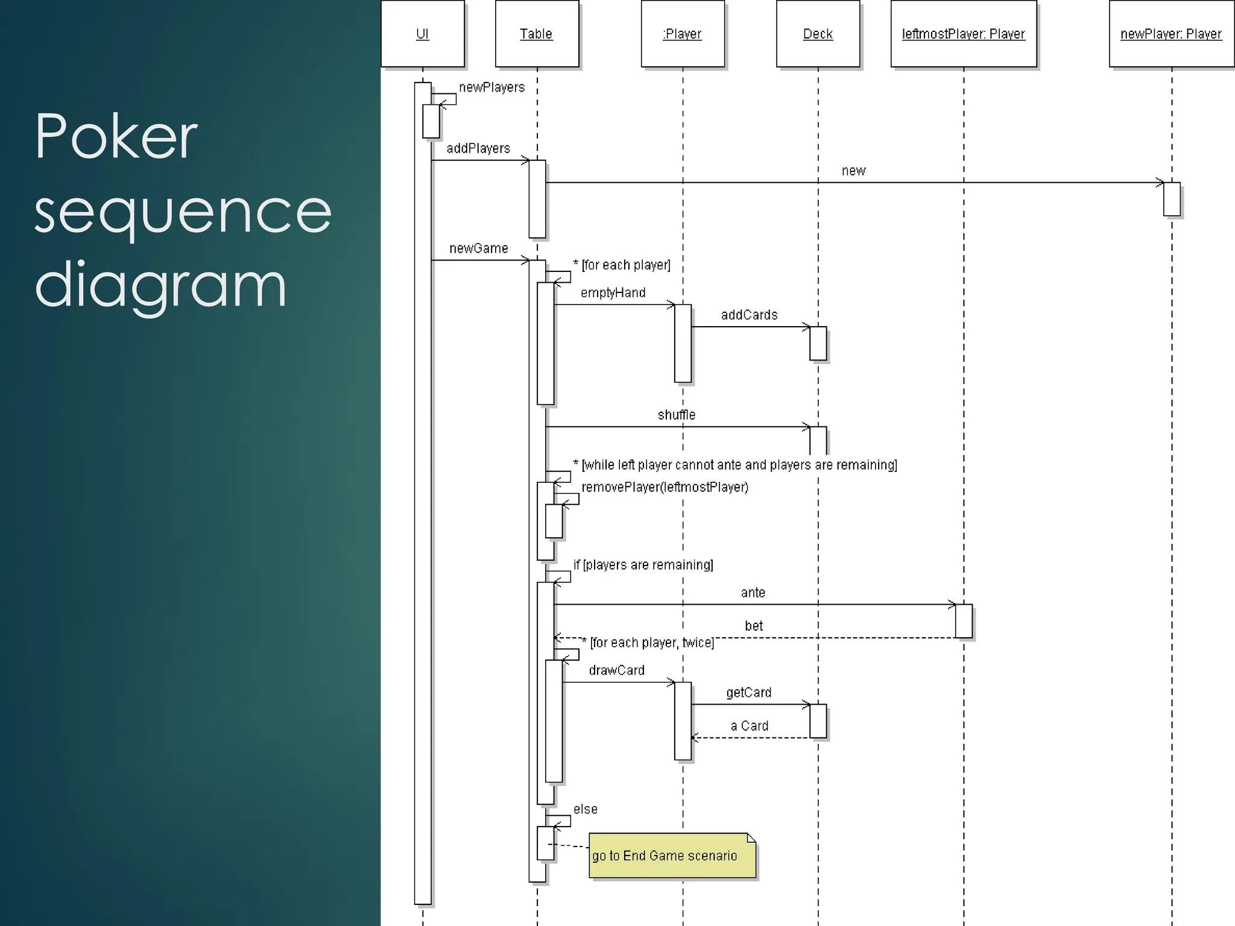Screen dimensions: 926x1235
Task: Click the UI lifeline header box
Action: (423, 34)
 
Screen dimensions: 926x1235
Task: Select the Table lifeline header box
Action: (537, 34)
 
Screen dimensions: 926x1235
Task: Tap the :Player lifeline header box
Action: (683, 34)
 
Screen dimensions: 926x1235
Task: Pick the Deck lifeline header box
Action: (818, 34)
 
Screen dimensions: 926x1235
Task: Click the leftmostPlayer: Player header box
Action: (964, 34)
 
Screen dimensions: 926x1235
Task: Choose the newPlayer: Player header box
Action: (1171, 34)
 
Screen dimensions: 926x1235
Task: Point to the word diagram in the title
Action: (160, 285)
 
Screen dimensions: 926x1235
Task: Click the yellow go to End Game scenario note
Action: (671, 855)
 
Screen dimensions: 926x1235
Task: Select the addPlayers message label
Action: (478, 148)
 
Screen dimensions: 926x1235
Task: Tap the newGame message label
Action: (479, 248)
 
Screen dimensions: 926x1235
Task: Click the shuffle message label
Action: (677, 415)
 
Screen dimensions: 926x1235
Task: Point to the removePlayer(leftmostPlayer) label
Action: (665, 487)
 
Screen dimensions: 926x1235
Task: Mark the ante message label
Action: (753, 593)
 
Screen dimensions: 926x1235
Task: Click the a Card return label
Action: (750, 726)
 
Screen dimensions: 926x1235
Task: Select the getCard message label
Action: (749, 693)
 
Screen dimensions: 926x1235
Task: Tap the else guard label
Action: (586, 809)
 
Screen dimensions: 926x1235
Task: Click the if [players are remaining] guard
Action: (643, 565)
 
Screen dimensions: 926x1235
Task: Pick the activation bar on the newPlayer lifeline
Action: (1172, 199)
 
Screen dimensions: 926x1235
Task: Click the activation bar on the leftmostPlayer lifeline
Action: (964, 621)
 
